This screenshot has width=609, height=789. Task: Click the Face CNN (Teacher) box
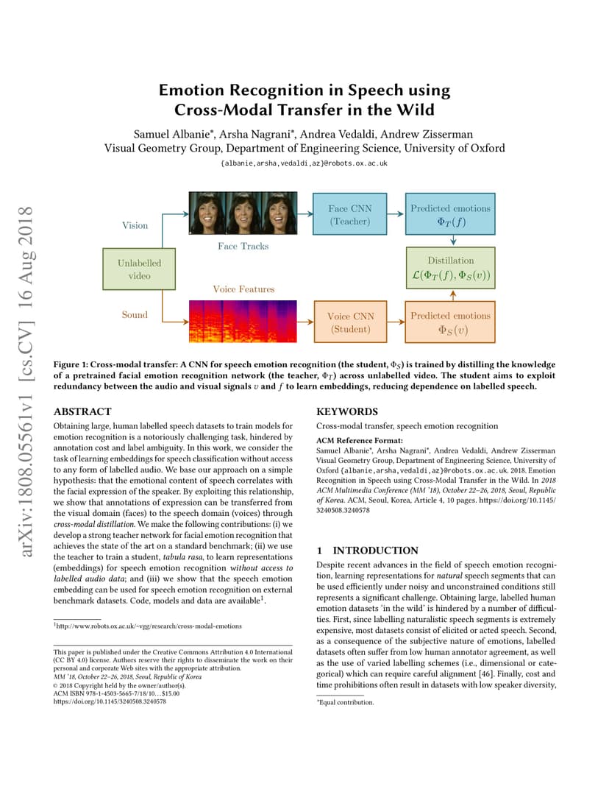point(349,214)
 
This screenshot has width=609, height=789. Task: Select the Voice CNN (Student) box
point(351,322)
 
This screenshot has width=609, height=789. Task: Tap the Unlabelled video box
point(139,269)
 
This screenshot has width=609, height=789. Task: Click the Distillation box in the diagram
point(451,268)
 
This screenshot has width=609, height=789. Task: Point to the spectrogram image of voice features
point(243,322)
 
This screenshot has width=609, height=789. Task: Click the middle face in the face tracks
point(243,213)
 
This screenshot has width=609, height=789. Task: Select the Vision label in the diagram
point(135,225)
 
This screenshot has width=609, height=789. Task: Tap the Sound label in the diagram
point(135,314)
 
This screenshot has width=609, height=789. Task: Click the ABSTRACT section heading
point(82,411)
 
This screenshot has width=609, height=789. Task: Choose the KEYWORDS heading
point(347,411)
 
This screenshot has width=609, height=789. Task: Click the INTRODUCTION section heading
point(375,551)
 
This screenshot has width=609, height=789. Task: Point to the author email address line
point(304,163)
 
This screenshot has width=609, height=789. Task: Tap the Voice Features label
point(243,289)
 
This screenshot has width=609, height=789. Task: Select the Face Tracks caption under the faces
point(243,246)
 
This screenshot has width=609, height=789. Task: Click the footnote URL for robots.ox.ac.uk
point(148,626)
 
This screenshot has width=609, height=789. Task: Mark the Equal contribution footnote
point(345,702)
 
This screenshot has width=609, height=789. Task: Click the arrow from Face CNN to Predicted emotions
point(396,214)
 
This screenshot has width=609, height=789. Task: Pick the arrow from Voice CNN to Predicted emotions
point(396,322)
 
